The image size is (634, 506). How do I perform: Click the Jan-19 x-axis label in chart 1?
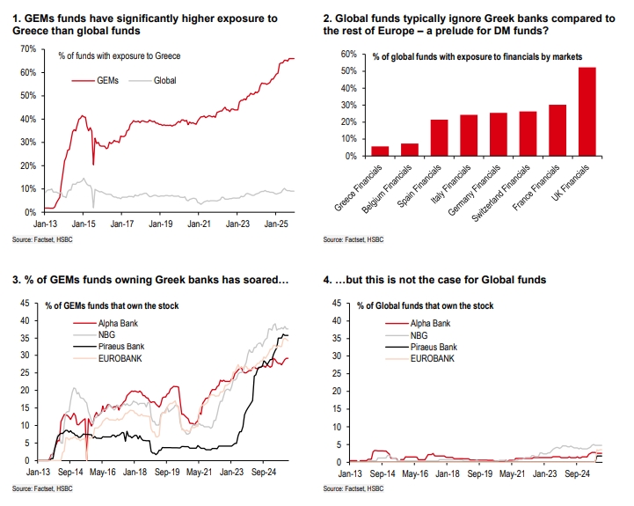click(x=160, y=225)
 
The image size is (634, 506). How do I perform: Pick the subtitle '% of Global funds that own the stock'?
click(x=425, y=305)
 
